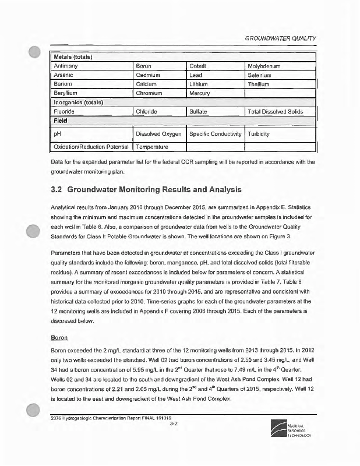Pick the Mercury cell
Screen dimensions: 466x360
pos(202,93)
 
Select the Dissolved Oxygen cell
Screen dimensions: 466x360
pos(157,133)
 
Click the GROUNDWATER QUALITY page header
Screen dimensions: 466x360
pos(281,38)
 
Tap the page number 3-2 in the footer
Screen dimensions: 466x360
pos(173,424)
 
